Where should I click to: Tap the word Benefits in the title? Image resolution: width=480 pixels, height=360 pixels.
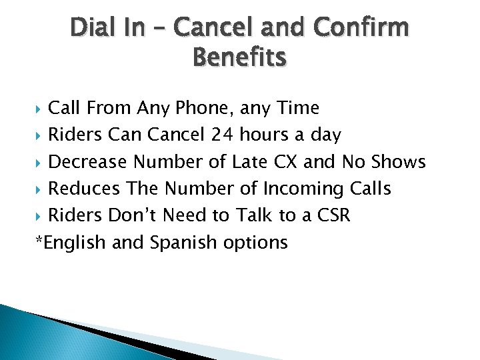click(239, 58)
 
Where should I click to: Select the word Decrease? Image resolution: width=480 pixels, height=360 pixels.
click(89, 162)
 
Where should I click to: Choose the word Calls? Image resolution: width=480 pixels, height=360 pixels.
click(370, 189)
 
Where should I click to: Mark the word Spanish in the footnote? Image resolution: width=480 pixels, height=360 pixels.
click(178, 243)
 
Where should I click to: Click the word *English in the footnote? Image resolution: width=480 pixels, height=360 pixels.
click(70, 243)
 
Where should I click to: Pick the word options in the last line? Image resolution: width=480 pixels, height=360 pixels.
click(257, 243)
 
